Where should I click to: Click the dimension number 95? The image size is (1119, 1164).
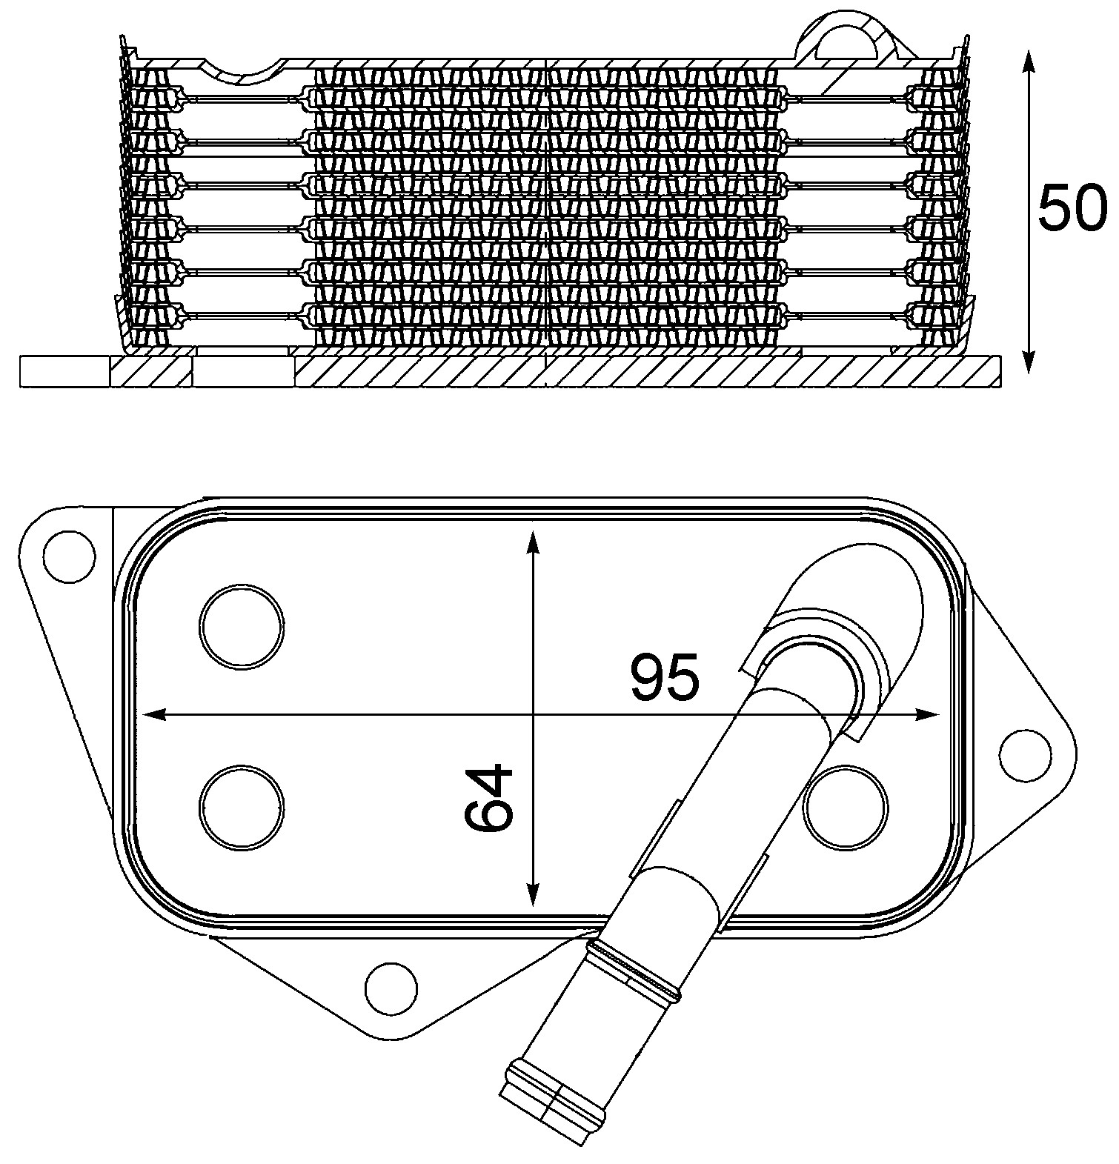[665, 678]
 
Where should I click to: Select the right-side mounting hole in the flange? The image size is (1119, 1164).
[1025, 755]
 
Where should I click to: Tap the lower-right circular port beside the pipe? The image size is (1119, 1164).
[847, 806]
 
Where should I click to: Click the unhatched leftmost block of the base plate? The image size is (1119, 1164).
[65, 371]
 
